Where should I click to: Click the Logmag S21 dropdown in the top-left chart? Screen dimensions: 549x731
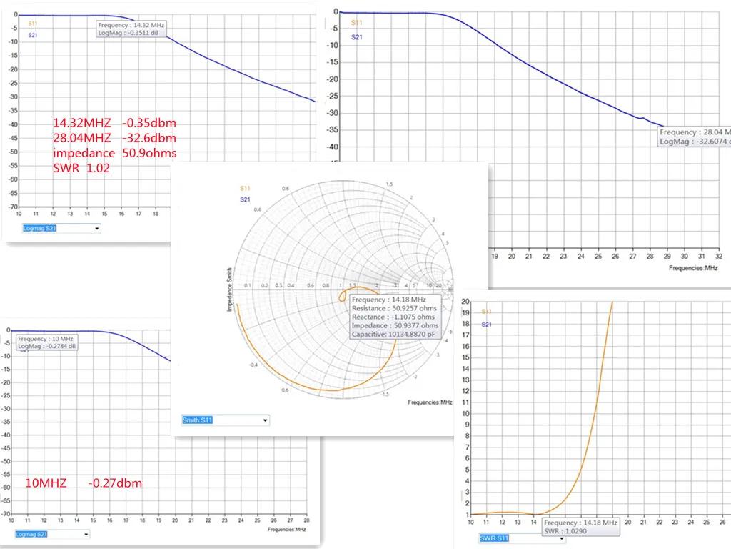pos(61,228)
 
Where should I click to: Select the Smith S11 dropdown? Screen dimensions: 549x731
pos(226,420)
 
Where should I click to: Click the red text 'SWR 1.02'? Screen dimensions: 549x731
pos(81,167)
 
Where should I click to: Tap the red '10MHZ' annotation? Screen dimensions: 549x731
pos(46,483)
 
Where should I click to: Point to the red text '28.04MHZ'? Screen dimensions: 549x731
pos(81,138)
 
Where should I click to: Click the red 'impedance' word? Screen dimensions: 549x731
pos(84,152)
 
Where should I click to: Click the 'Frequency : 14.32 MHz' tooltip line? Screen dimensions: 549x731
pos(131,25)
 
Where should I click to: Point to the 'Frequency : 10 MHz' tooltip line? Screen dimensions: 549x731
pos(46,338)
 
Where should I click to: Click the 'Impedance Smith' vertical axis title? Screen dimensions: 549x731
pos(229,289)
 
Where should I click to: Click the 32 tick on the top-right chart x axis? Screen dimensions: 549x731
pos(719,256)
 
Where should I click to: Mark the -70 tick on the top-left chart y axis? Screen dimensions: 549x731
pos(12,207)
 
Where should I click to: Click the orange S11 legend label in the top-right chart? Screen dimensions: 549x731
pos(356,22)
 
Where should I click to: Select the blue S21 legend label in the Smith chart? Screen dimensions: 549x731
pos(245,199)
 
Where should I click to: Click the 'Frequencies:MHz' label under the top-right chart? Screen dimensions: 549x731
pos(692,267)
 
